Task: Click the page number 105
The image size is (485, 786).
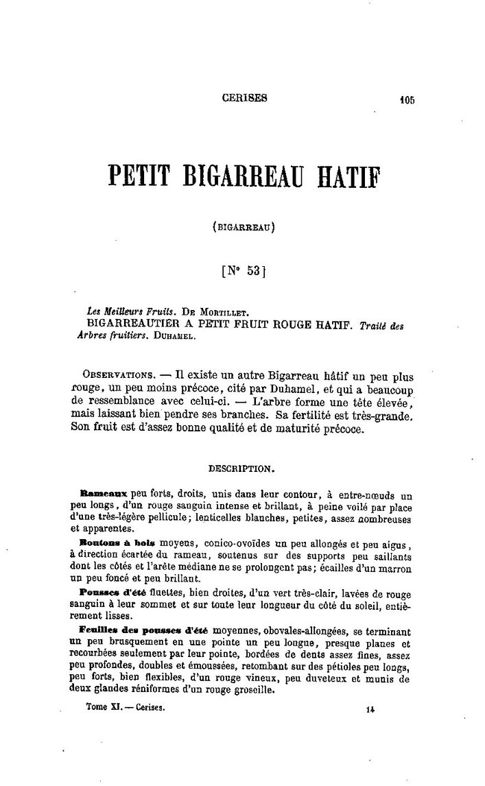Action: click(407, 99)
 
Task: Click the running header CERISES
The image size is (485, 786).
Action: click(245, 97)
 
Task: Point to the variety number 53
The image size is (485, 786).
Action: click(252, 271)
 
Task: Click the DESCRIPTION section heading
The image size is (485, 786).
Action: click(242, 470)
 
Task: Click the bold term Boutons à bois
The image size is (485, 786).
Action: click(108, 542)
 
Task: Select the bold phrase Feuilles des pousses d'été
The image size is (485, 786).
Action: click(145, 629)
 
